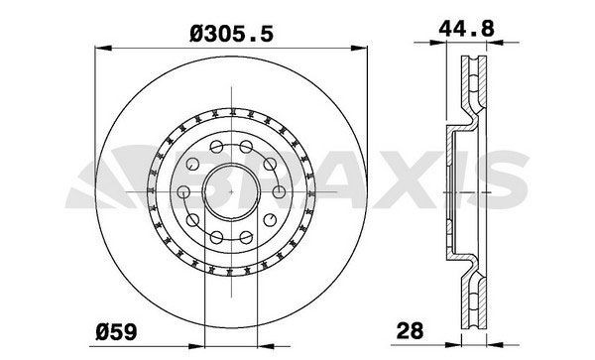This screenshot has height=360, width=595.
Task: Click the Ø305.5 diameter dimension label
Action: pyautogui.click(x=231, y=34)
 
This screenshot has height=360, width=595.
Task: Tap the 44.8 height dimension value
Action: pyautogui.click(x=466, y=29)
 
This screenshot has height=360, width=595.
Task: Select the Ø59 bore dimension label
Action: pyautogui.click(x=116, y=332)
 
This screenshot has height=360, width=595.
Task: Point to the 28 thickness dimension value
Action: pyautogui.click(x=410, y=330)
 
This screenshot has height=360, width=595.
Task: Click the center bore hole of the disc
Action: pyautogui.click(x=231, y=192)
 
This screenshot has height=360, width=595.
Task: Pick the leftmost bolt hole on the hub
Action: pyautogui.click(x=183, y=192)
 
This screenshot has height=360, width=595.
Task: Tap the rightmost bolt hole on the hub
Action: pyautogui.click(x=279, y=192)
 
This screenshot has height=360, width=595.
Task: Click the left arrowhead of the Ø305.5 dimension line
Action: pyautogui.click(x=103, y=49)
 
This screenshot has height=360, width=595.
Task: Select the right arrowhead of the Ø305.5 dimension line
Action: pyautogui.click(x=359, y=49)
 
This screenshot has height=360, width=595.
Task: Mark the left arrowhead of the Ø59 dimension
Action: pyautogui.click(x=196, y=346)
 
